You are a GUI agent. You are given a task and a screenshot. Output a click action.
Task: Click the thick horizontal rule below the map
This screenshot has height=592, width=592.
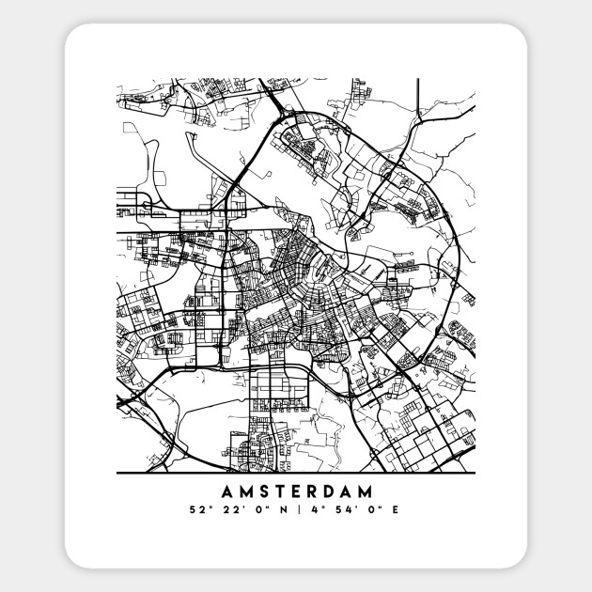tap(296, 472)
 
